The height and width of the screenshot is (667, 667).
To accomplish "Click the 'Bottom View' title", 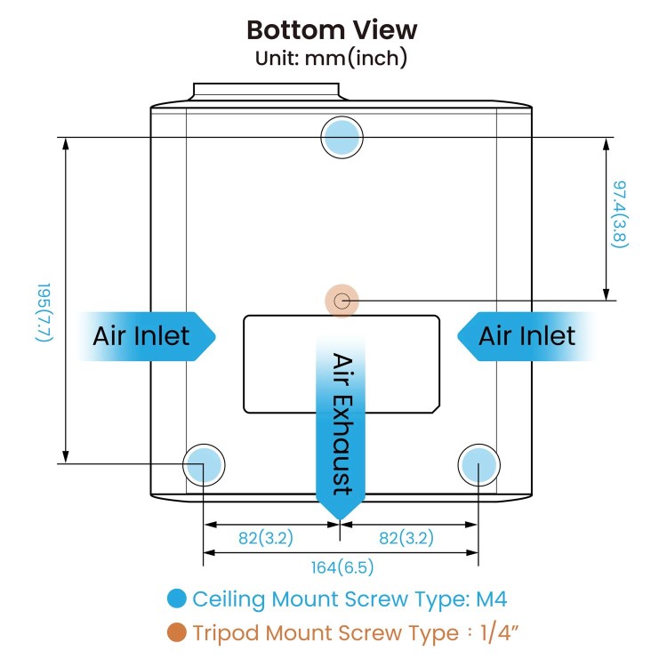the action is click(x=332, y=30).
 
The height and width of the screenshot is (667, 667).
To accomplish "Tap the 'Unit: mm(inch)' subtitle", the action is click(x=332, y=59).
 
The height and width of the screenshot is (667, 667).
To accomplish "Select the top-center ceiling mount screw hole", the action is click(x=342, y=137).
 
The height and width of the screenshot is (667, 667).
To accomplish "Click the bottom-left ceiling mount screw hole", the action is click(x=204, y=464).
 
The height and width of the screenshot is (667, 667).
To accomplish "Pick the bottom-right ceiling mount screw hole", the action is click(x=479, y=464).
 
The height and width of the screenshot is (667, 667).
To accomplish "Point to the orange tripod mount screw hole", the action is click(x=342, y=301).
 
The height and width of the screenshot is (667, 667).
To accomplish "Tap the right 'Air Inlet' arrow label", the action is click(x=526, y=336).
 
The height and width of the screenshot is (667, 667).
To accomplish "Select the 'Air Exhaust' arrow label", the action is click(x=341, y=425).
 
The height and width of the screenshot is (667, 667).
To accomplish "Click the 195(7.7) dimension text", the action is click(x=44, y=312).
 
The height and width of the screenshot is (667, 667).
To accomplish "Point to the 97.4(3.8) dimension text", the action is click(x=619, y=214).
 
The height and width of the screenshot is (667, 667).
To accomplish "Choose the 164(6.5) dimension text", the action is click(x=342, y=567).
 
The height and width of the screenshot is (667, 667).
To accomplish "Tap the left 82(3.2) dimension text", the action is click(x=266, y=538).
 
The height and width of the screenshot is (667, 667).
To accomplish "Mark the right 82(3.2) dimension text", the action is click(x=406, y=538).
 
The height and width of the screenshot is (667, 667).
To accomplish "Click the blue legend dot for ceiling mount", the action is click(x=177, y=599).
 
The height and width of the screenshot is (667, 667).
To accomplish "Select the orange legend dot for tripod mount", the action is click(x=177, y=632).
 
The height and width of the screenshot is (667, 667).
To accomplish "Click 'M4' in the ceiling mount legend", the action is click(x=491, y=599).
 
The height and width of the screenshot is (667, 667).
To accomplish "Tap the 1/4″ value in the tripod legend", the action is click(x=500, y=632).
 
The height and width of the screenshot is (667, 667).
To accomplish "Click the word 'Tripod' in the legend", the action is click(x=226, y=633).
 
